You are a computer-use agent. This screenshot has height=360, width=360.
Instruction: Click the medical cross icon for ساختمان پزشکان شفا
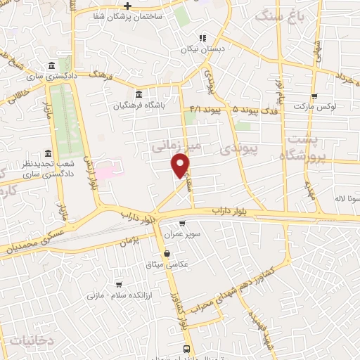coord(127,6)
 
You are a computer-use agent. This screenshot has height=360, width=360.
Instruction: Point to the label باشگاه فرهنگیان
coord(139,105)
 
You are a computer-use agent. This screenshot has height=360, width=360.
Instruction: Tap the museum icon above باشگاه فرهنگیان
coord(139,95)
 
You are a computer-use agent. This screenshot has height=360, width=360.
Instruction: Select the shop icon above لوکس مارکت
coord(314,96)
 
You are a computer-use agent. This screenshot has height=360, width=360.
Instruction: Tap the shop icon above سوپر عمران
coord(182,223)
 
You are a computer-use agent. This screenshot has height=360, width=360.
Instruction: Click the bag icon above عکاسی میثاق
coord(167,254)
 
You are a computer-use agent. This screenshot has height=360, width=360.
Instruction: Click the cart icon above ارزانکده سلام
coord(119,285)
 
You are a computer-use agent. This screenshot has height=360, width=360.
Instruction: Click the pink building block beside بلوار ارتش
coord(106,170)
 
